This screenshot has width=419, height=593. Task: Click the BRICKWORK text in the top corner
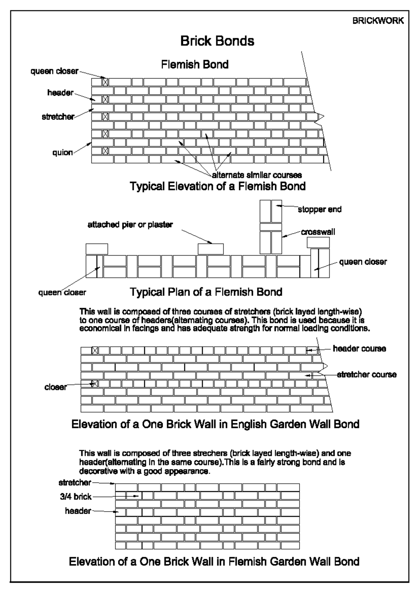[378, 21]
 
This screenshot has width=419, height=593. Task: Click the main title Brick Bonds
[217, 41]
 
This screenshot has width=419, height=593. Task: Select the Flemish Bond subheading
[194, 64]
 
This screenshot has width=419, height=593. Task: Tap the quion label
[63, 153]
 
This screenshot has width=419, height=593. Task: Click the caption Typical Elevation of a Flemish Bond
[218, 186]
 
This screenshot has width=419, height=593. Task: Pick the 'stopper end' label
[319, 209]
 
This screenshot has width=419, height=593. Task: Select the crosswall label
[318, 232]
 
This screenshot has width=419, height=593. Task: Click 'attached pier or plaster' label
[130, 225]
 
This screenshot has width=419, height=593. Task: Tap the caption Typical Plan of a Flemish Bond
[206, 292]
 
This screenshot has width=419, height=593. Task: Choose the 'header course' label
[359, 349]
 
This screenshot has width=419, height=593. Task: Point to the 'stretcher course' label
[367, 375]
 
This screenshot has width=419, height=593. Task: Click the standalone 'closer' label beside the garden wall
[56, 387]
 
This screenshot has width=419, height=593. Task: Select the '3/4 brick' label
[75, 496]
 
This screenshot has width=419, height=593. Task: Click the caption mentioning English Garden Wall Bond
[215, 424]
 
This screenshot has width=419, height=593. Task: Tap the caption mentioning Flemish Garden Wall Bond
[214, 562]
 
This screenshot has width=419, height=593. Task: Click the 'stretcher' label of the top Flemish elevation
[58, 117]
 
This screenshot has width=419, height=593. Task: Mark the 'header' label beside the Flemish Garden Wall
[78, 511]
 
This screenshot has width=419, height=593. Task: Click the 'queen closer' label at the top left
[54, 71]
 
